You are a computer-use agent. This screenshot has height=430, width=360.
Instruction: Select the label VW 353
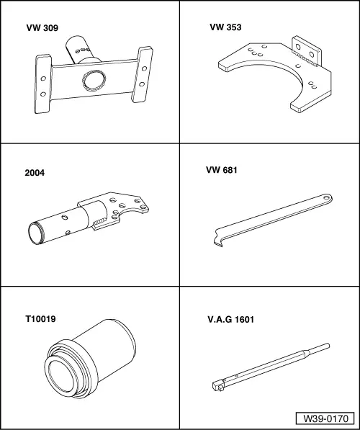click(x=225, y=28)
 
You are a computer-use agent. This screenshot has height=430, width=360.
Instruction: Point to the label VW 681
click(x=222, y=171)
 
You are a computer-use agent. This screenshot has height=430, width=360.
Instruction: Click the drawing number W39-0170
click(x=324, y=417)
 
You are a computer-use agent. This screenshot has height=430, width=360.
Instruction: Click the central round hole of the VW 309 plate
click(x=93, y=79)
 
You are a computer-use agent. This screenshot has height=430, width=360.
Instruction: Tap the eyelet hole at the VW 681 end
click(x=325, y=196)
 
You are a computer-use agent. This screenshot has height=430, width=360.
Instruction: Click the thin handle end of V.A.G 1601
click(x=323, y=348)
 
